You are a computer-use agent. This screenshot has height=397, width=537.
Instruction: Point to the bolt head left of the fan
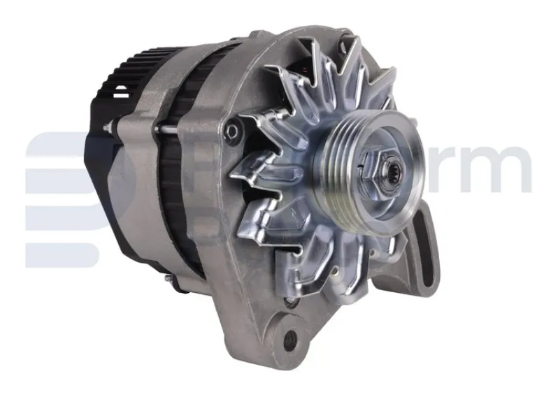coord(231,129)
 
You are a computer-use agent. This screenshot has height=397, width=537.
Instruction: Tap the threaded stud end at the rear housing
coord(109,127)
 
